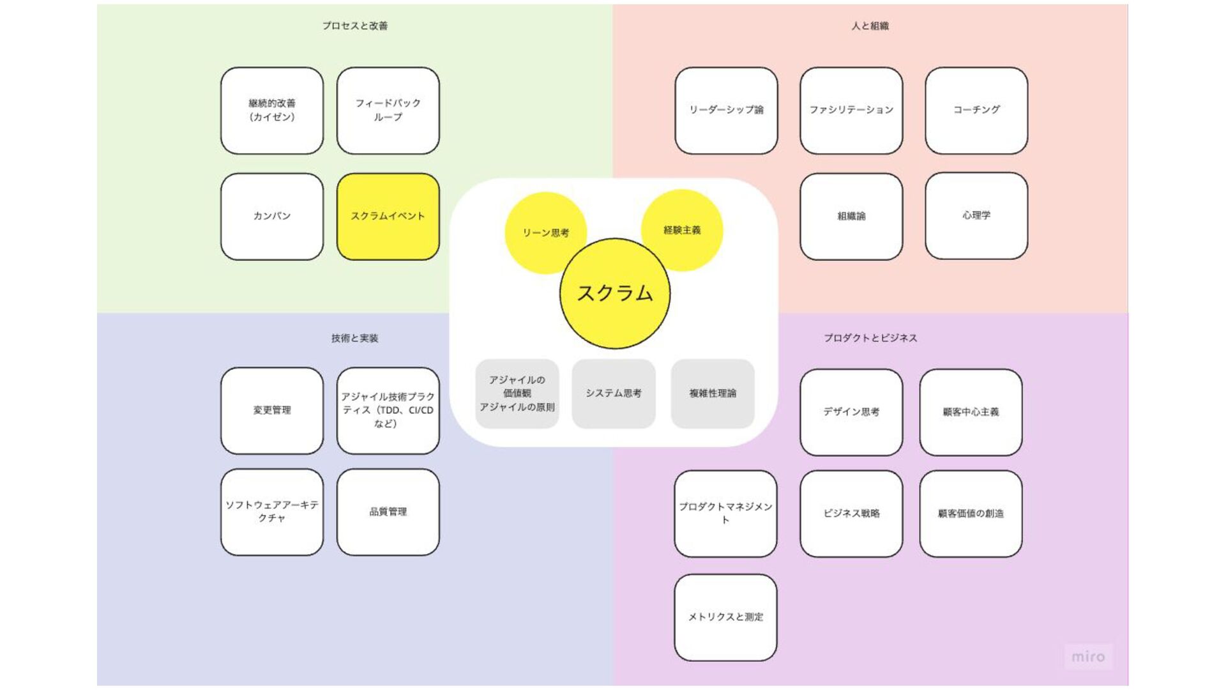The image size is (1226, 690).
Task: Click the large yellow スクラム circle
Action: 615,294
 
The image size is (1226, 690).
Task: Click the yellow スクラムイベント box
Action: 388,217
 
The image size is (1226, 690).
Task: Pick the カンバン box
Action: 272,217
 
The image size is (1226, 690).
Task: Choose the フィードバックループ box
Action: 388,111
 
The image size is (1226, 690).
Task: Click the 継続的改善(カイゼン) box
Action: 272,111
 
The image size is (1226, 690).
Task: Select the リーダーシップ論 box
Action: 726,111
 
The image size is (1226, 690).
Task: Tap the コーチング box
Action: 976,111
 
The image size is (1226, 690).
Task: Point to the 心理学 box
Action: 976,216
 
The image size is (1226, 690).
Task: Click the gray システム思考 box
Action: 614,394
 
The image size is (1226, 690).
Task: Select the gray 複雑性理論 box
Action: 713,394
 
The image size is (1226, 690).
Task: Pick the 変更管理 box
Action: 272,411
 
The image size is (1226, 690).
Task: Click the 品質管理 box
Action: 388,512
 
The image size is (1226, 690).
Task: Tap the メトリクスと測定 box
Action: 725,617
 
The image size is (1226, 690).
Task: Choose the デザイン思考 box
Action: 851,413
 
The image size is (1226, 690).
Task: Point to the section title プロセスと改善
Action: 355,26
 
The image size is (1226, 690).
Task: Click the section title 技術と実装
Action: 355,339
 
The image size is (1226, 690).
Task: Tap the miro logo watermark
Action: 1088,657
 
